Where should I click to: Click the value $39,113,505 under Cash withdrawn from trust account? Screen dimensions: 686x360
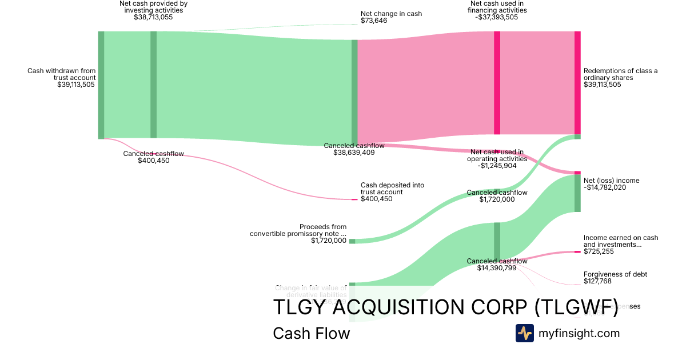point(76,85)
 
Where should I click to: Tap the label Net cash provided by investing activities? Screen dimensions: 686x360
point(153,7)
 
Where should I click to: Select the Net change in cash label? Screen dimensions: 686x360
point(391,14)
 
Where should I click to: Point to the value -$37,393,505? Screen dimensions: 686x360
point(497,17)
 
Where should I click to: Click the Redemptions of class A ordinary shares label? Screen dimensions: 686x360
point(620,74)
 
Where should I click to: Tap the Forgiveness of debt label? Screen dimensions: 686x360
point(615,274)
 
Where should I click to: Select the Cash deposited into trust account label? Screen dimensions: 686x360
point(392,189)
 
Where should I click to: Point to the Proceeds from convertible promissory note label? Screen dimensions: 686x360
point(298,230)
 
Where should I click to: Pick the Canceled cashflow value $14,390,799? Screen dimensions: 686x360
point(497,268)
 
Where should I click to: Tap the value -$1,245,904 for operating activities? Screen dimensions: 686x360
point(497,166)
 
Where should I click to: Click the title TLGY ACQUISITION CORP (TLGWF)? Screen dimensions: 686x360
point(445,307)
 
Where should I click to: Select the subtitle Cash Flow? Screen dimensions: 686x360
point(311,333)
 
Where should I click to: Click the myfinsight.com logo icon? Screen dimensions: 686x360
point(524,333)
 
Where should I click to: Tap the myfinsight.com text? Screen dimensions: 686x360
point(579,333)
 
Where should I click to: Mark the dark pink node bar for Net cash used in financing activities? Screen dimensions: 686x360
point(497,83)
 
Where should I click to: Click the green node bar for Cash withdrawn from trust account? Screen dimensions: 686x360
point(101,85)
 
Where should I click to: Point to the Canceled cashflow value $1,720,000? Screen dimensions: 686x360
point(497,199)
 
